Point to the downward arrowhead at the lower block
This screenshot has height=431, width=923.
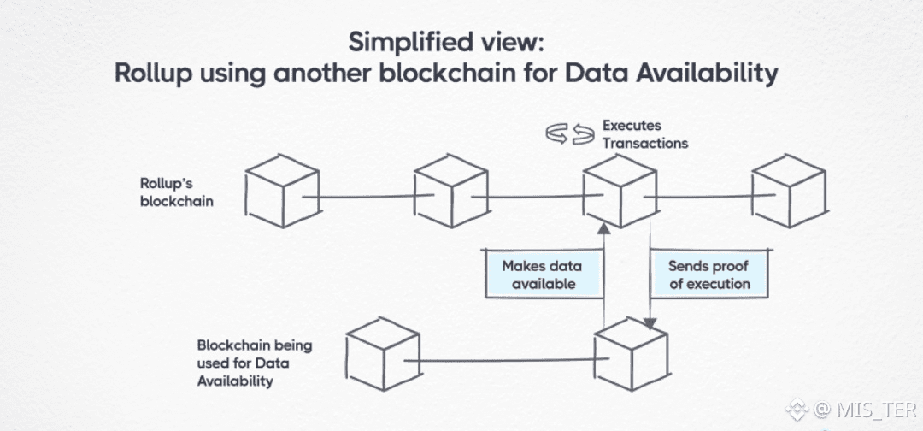(650, 323)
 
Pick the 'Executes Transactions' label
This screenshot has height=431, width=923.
(644, 134)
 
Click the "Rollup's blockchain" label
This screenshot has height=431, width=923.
(177, 192)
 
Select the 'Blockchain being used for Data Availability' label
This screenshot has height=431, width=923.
(255, 363)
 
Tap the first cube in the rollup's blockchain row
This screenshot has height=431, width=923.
(283, 191)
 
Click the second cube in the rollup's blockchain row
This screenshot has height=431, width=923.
(451, 191)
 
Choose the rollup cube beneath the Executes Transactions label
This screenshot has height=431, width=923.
(620, 191)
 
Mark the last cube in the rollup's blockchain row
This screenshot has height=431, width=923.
(790, 191)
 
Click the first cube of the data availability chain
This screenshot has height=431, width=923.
(383, 354)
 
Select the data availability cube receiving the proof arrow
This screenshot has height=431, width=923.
(632, 354)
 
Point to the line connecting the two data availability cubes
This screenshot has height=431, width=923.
(506, 360)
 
